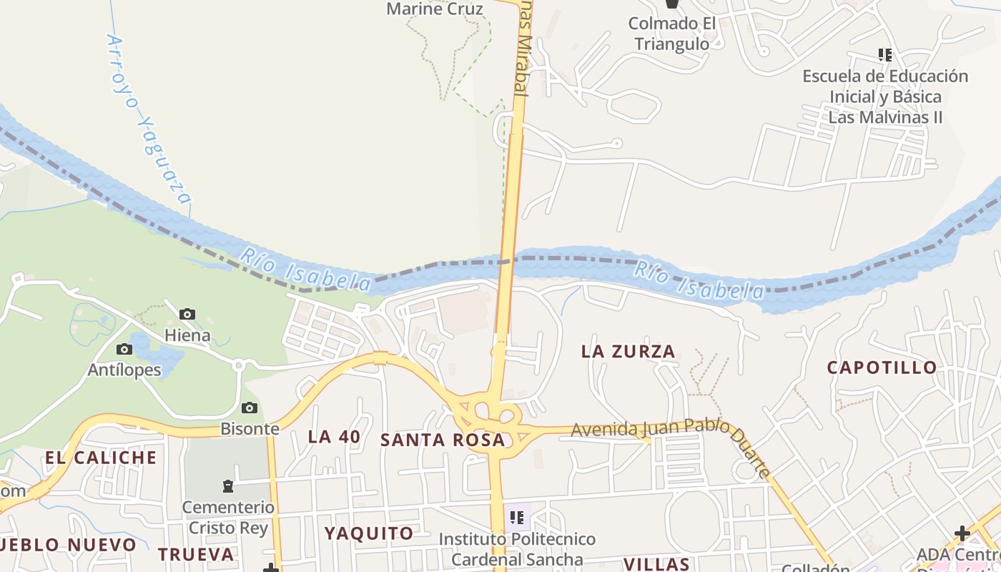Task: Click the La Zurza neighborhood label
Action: pos(628,351)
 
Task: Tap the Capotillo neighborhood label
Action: pos(882,368)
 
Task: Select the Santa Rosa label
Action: pos(443,440)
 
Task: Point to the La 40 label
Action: pos(334,437)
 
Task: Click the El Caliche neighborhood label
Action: pos(101,458)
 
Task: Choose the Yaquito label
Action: pos(369,533)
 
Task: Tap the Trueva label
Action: pos(196,554)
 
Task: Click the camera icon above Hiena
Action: pos(187,314)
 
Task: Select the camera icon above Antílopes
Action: pos(124,349)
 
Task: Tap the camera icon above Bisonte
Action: pos(249,408)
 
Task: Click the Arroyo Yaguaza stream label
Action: pos(149,118)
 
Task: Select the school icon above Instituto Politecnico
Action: pos(517,517)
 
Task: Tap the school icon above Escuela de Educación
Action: pos(885,54)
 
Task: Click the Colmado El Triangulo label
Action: pos(672,34)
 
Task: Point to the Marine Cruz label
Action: pos(435,9)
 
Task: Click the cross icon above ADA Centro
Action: pos(962,533)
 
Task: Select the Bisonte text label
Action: pos(250,429)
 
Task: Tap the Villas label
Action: pos(656,564)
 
